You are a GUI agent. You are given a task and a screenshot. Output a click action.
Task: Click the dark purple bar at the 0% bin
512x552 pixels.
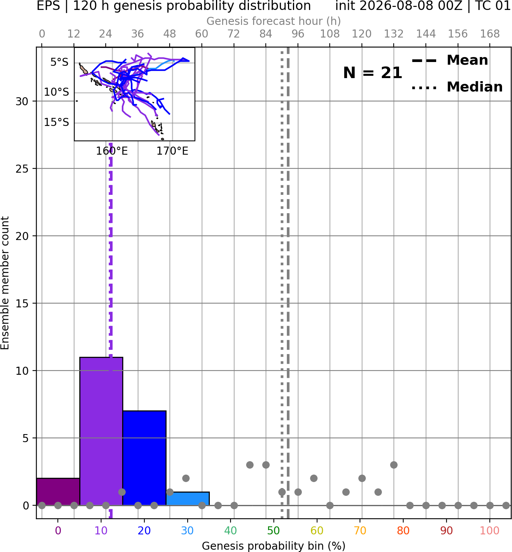tap(58, 492)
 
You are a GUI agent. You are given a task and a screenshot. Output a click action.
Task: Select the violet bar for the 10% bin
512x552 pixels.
tap(101, 431)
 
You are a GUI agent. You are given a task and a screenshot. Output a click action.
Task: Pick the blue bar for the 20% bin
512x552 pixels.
tap(144, 458)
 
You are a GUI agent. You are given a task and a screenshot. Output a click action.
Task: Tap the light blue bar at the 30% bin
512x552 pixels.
tap(188, 499)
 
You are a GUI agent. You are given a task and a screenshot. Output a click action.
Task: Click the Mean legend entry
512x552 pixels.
tap(450, 60)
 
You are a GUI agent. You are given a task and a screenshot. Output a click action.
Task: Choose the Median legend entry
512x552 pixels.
tap(457, 87)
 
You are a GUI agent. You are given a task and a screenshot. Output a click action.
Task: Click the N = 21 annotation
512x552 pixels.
tap(373, 73)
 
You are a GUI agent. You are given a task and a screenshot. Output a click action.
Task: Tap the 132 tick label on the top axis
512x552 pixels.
tap(394, 34)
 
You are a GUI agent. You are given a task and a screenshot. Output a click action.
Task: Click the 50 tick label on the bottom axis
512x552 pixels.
tap(274, 531)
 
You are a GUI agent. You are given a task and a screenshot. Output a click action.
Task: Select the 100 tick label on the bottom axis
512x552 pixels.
tap(490, 531)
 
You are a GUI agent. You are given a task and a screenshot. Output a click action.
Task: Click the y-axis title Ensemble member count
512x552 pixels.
tap(5, 283)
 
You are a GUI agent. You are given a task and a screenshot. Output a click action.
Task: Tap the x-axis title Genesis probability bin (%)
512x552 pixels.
tap(274, 546)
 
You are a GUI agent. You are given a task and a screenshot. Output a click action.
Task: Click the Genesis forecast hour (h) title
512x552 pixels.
tap(274, 21)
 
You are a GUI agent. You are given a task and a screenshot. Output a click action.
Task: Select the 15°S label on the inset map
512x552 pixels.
tap(56, 122)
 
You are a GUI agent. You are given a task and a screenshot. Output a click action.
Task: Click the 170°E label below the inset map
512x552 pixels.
tap(172, 151)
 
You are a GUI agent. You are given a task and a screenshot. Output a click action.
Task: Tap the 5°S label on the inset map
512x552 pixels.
tap(59, 62)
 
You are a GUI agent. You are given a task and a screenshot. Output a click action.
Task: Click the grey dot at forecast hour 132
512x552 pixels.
tap(394, 465)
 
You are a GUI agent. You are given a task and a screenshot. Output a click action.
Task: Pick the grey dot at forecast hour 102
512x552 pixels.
tap(314, 479)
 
